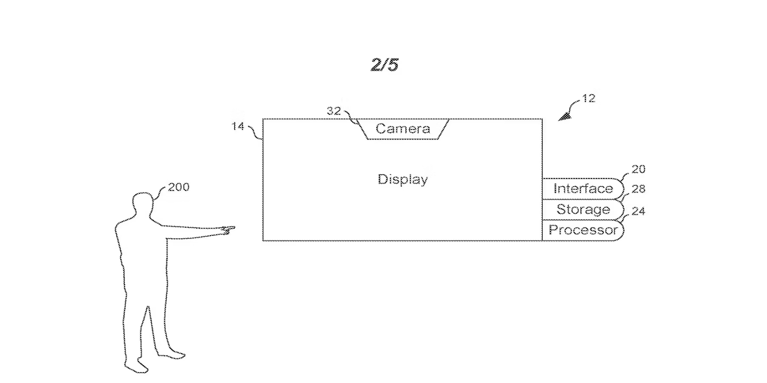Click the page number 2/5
(x=385, y=64)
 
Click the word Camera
(x=403, y=128)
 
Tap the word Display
(x=403, y=179)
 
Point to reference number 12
(x=588, y=99)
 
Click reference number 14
(x=238, y=127)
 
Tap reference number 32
(x=334, y=111)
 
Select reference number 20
(x=638, y=169)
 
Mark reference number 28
(x=638, y=189)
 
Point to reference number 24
(x=638, y=211)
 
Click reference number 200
(x=179, y=187)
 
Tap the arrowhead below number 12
(x=565, y=117)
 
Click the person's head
(x=143, y=204)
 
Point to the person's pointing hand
(x=228, y=230)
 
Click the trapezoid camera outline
(x=403, y=129)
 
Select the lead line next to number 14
(x=256, y=133)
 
